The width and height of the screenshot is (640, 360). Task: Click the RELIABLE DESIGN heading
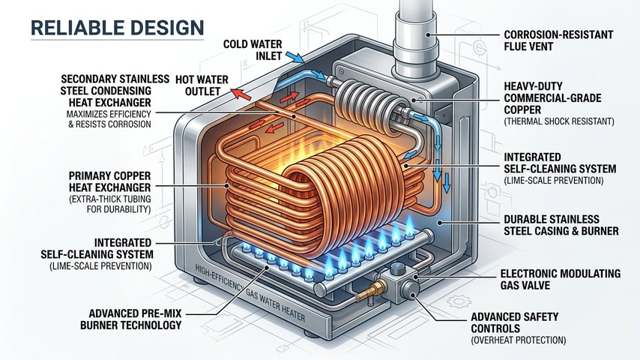click(117, 28)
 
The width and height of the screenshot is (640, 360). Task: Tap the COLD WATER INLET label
click(253, 49)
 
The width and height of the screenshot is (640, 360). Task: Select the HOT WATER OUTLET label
click(202, 85)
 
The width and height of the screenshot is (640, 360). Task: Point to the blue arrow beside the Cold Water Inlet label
click(294, 57)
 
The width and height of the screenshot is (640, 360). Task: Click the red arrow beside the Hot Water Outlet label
click(241, 94)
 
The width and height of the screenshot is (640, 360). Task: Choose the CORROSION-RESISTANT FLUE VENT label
click(558, 40)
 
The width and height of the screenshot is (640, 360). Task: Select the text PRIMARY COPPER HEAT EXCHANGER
click(110, 181)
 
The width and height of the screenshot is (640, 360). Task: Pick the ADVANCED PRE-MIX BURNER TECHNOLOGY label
click(130, 319)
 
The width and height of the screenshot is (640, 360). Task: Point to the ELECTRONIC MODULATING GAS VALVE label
click(561, 280)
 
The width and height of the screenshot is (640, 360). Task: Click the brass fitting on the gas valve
click(368, 291)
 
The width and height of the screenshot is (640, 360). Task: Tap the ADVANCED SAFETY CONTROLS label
click(514, 322)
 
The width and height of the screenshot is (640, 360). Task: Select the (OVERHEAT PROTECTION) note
click(519, 340)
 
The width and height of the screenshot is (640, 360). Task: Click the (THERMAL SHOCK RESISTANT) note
click(559, 121)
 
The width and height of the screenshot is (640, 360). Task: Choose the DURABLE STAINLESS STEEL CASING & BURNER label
click(561, 225)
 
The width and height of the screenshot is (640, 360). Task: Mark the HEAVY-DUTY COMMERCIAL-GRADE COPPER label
click(552, 98)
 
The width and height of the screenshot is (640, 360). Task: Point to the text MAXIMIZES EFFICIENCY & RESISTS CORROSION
click(109, 119)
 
